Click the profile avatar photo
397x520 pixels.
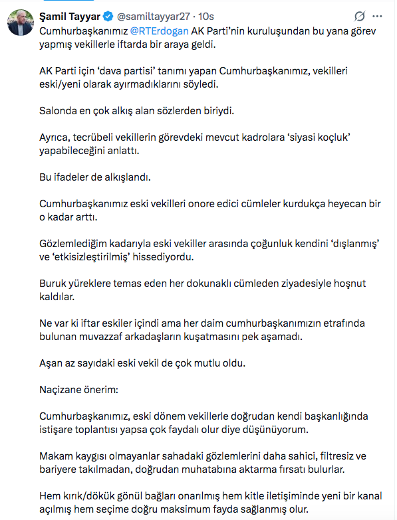[x=21, y=24]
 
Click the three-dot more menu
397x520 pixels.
[x=379, y=16]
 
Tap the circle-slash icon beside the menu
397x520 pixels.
[x=360, y=16]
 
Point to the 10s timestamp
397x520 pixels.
[x=207, y=16]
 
